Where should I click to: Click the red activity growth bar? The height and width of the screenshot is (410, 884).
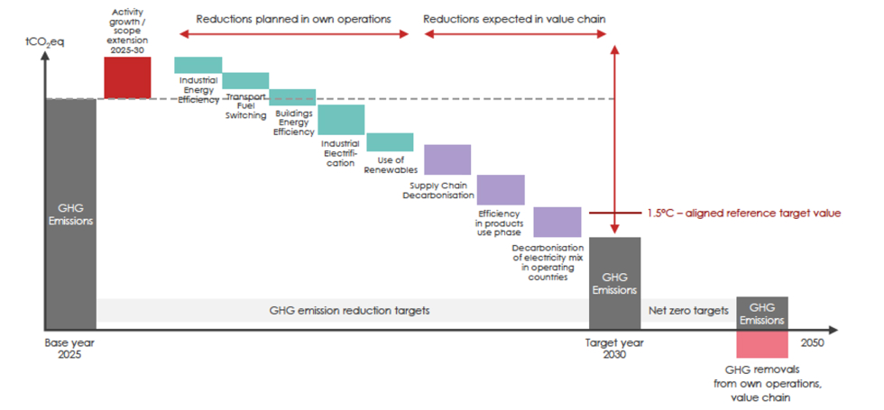click(127, 77)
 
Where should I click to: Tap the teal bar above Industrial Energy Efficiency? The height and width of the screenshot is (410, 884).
click(198, 65)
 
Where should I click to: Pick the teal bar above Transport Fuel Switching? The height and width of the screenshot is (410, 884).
click(245, 81)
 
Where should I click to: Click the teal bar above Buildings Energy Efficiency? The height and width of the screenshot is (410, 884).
click(293, 96)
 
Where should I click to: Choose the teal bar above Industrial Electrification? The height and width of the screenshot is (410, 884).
click(341, 119)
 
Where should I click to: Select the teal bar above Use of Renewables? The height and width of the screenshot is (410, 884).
click(390, 141)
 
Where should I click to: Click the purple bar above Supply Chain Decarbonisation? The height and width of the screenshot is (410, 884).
click(447, 159)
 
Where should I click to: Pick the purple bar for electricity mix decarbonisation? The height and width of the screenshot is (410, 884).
click(557, 222)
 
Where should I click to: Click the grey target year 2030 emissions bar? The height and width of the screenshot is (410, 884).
click(614, 283)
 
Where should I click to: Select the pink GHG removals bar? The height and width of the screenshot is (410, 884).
click(762, 344)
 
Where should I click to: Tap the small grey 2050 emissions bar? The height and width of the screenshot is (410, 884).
click(762, 313)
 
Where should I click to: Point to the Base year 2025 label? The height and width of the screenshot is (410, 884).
click(69, 349)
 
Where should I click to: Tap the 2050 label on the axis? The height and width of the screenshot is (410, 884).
click(811, 343)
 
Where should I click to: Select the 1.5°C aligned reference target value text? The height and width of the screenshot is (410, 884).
click(743, 214)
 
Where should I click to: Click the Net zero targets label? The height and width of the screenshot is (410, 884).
click(687, 311)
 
